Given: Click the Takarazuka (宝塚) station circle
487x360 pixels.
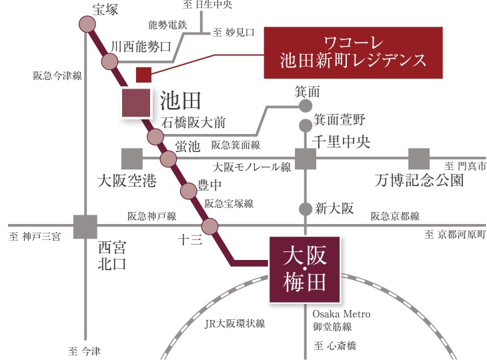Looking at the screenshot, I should [87, 25].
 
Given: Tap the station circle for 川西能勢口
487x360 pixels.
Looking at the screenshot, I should [109, 62].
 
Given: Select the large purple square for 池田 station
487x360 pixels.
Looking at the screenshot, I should [136, 103].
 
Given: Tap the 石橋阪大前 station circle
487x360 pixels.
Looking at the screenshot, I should [155, 137].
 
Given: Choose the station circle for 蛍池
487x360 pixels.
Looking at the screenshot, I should [168, 159].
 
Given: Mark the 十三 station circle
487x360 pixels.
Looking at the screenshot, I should [211, 226].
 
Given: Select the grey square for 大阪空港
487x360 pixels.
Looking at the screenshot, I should [132, 159].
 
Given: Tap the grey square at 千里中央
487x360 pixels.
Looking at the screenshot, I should [306, 159].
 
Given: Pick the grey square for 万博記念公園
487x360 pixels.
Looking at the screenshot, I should [419, 159].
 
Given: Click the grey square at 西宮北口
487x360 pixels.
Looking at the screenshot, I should [86, 226].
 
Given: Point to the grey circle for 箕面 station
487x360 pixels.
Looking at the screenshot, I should [306, 105].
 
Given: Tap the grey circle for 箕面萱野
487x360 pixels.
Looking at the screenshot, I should [306, 123].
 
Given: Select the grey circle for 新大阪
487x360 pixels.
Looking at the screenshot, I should [306, 208].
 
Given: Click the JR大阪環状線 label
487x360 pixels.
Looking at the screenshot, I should [234, 324].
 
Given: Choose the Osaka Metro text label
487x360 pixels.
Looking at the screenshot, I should [341, 314].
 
